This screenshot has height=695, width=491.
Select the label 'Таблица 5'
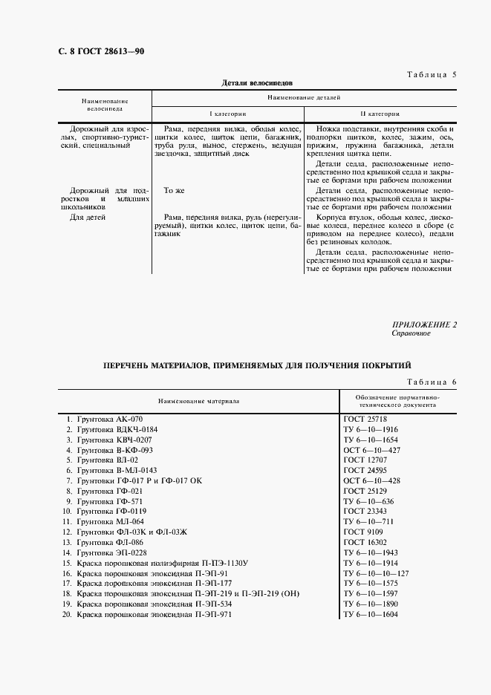[433, 75]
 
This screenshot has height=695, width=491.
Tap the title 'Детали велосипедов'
[258, 84]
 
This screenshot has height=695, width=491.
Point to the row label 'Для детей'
[88, 218]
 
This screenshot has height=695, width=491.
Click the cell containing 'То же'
[174, 191]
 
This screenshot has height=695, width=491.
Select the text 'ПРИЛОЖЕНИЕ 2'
[424, 324]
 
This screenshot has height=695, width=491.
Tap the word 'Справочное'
[411, 333]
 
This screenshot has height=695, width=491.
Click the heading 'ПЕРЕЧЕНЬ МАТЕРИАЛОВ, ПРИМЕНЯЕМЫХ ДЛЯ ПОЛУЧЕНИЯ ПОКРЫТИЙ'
[257, 366]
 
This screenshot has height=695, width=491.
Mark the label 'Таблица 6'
[433, 382]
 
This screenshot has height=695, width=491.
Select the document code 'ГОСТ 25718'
[365, 419]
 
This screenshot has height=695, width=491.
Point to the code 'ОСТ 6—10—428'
[371, 481]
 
